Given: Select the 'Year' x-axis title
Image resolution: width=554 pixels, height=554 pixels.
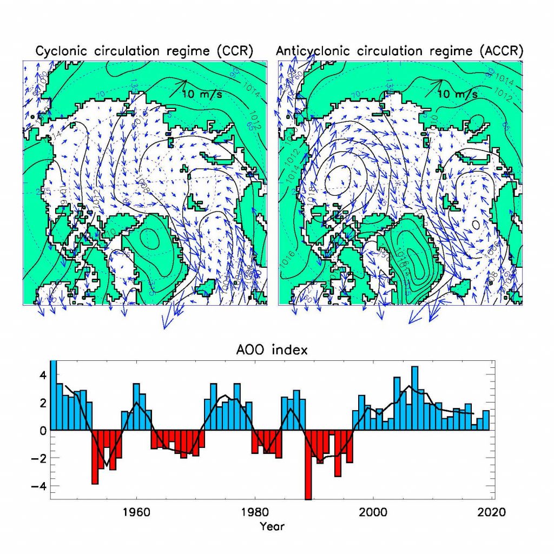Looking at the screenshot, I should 272,525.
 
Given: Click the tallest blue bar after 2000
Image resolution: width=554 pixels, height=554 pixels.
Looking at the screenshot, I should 415,398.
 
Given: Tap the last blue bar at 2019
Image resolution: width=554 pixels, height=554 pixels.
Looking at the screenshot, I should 486,420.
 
